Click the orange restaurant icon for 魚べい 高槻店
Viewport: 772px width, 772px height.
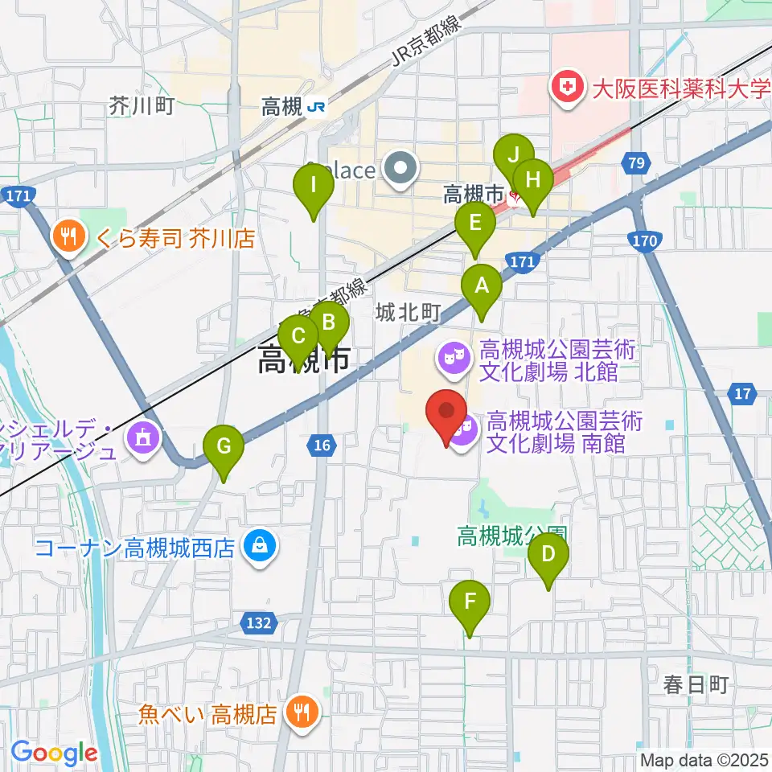[302, 712]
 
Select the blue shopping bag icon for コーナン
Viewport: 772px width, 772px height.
[261, 548]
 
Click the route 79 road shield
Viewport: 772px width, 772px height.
[636, 164]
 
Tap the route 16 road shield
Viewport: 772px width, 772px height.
[322, 446]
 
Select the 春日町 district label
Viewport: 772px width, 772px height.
[696, 684]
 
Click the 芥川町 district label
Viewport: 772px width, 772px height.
[142, 105]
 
